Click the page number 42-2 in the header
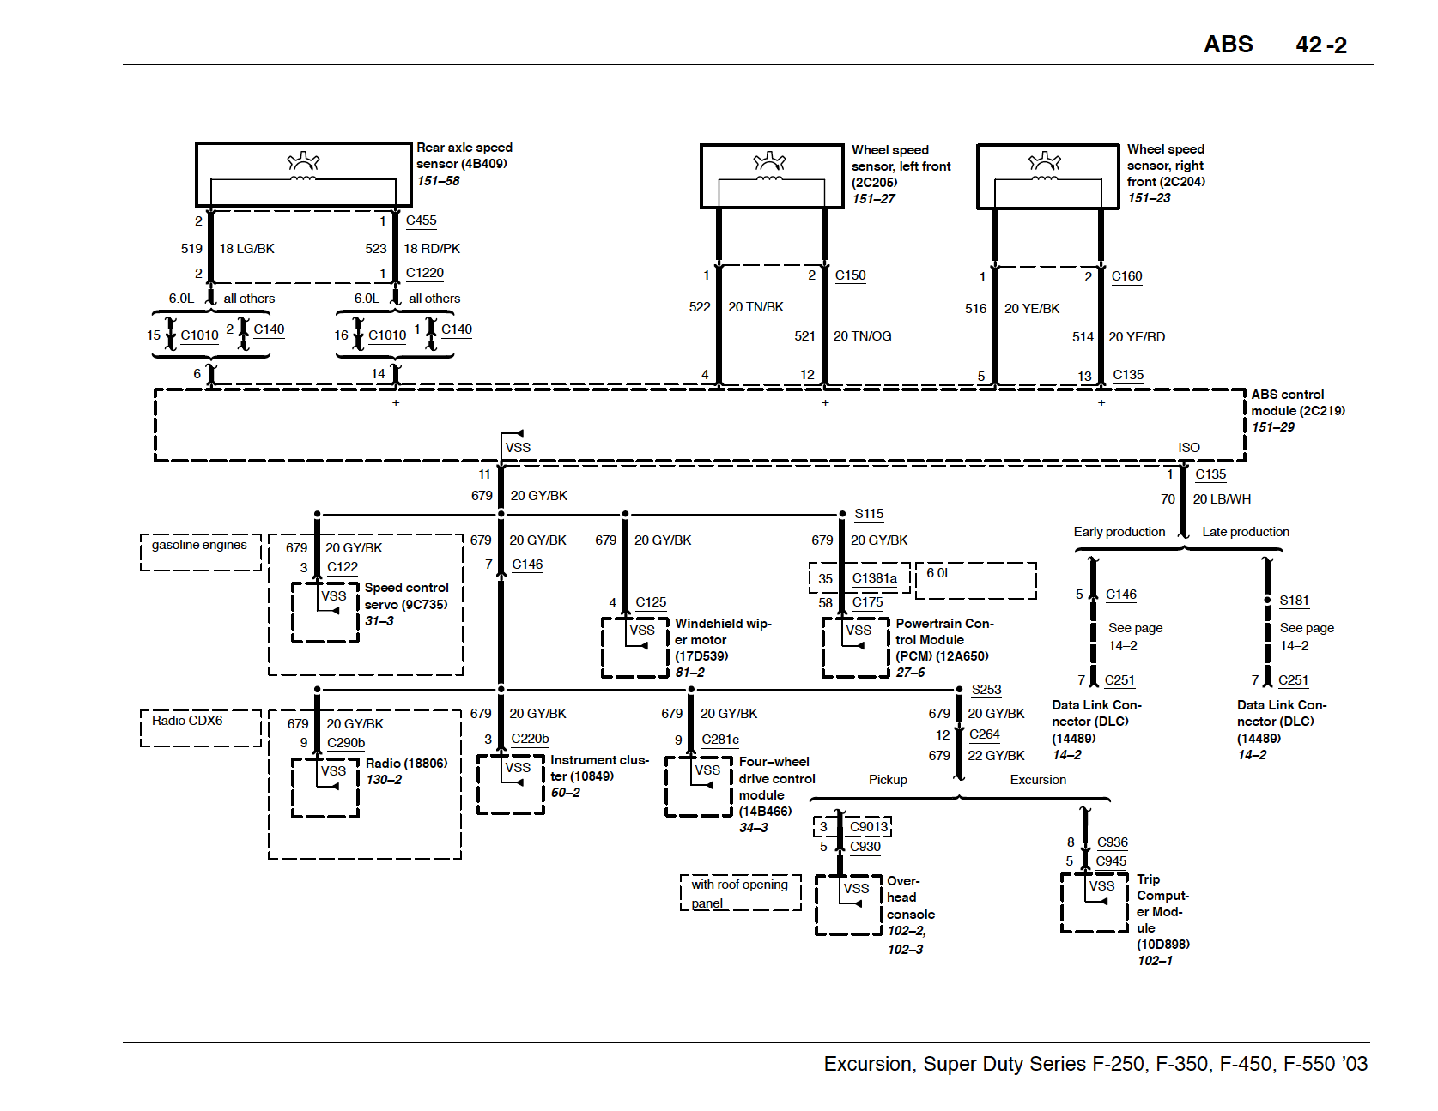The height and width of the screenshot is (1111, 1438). tap(1320, 45)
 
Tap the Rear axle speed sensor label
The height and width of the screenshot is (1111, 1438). tap(464, 155)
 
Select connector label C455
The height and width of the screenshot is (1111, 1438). tap(421, 220)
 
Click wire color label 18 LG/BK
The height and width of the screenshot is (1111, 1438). tap(246, 249)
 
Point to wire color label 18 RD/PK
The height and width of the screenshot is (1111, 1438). tap(432, 249)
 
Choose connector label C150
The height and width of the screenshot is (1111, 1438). tap(850, 275)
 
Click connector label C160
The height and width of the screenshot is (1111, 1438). tap(1126, 276)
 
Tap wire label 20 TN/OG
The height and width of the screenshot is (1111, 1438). tap(862, 336)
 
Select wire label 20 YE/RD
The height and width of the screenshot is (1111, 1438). tap(1137, 337)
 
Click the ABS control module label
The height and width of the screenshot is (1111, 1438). tap(1296, 402)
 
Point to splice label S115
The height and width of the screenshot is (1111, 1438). tap(869, 514)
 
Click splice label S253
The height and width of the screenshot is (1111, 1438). tap(986, 690)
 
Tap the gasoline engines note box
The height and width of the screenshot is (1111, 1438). tap(200, 552)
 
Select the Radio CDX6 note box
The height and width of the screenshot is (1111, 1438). tap(200, 728)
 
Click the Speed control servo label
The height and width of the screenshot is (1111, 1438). tap(406, 596)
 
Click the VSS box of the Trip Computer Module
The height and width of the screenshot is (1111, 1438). tap(1095, 902)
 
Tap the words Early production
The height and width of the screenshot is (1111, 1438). tap(1119, 532)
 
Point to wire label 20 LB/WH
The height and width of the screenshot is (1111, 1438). tap(1222, 499)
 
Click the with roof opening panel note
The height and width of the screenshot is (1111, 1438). tap(740, 893)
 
